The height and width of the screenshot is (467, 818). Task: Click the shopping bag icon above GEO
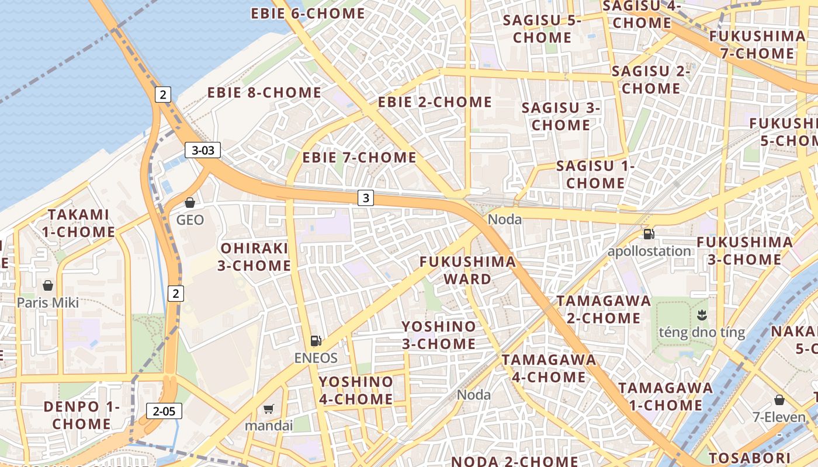[x=190, y=203]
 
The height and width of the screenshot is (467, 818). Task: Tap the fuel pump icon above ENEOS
[x=316, y=340]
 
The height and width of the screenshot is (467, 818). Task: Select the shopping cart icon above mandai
[x=269, y=409]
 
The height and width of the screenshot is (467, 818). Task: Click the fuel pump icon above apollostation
[x=649, y=234]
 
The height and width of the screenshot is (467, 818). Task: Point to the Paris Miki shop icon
[x=48, y=285]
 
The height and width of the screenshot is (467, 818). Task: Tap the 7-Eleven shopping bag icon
[x=779, y=400]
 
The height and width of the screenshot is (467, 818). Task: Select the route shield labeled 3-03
[x=203, y=150]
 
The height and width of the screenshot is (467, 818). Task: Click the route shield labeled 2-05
[x=164, y=411]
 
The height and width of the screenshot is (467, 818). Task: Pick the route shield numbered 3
[x=366, y=198]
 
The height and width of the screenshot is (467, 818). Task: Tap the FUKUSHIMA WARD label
[x=467, y=270]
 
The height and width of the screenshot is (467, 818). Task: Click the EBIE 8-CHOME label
[x=264, y=93]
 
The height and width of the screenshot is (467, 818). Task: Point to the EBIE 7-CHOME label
[x=359, y=158]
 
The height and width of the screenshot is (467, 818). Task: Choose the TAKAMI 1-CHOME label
[x=78, y=223]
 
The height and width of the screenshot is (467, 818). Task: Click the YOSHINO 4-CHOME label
[x=356, y=391]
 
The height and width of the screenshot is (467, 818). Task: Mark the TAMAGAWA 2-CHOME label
[x=604, y=309]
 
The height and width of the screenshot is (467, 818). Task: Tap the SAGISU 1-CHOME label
[x=595, y=175]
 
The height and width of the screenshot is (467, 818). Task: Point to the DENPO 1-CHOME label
[x=82, y=415]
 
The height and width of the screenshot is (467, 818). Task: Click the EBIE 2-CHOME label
[x=435, y=102]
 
